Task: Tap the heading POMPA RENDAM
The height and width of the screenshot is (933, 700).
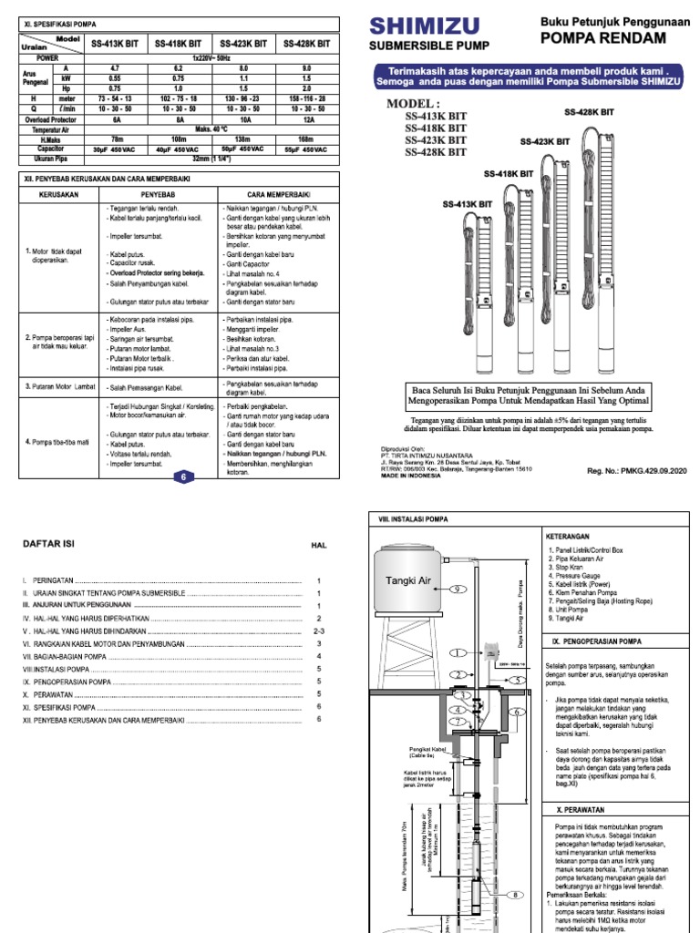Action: coord(602,37)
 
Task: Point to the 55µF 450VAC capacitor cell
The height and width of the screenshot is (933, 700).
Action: coord(305,148)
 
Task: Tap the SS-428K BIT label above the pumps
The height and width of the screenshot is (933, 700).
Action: coord(590,112)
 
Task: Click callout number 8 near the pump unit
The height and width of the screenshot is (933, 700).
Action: coord(515,896)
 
